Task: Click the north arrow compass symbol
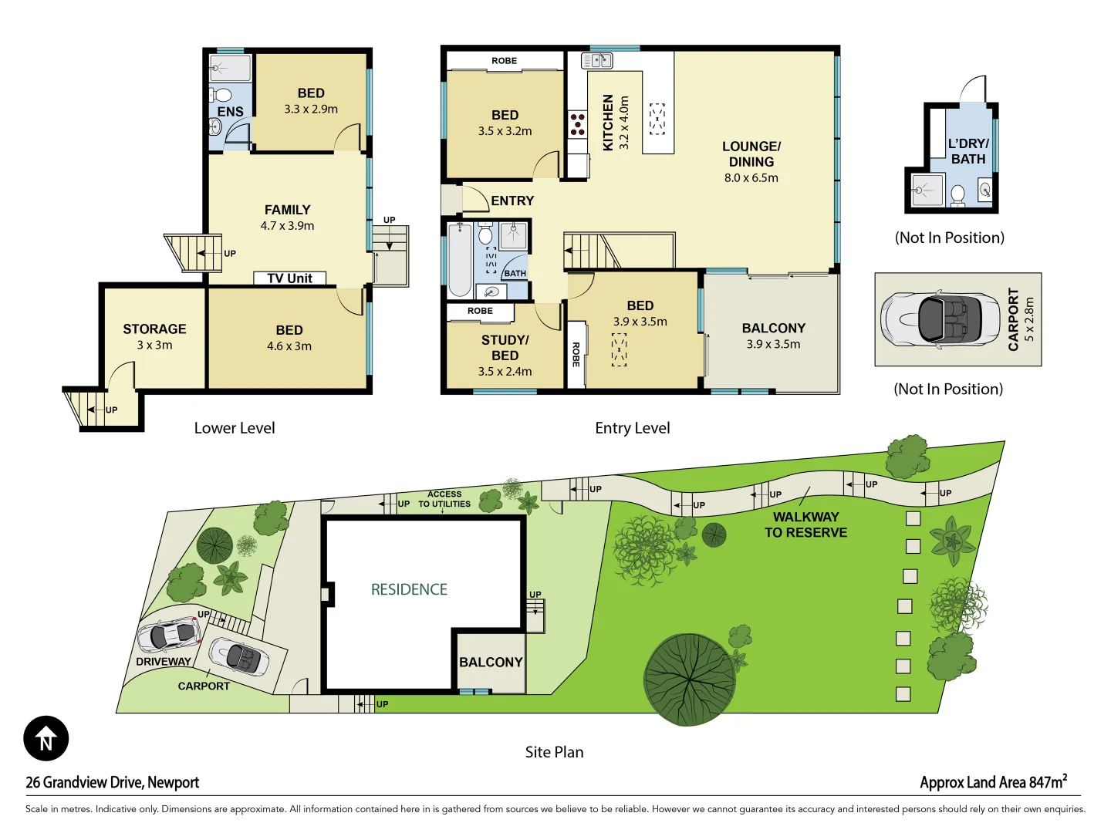(46, 738)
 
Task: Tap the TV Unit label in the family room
(289, 278)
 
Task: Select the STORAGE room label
(154, 329)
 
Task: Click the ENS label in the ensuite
(230, 112)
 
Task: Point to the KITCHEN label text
(608, 122)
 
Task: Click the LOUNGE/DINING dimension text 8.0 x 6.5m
(751, 178)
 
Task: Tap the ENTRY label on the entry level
(512, 201)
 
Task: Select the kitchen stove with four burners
(577, 124)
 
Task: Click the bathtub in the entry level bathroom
(460, 259)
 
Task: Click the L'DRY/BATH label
(968, 151)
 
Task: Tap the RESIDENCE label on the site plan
(409, 589)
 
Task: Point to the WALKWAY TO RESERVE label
(805, 524)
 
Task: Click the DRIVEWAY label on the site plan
(163, 661)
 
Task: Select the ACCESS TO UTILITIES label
(444, 499)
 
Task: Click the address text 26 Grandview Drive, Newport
(113, 782)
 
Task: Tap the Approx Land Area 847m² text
(993, 782)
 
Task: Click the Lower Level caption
(234, 428)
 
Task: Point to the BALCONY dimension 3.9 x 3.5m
(773, 344)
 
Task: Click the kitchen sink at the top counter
(596, 60)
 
